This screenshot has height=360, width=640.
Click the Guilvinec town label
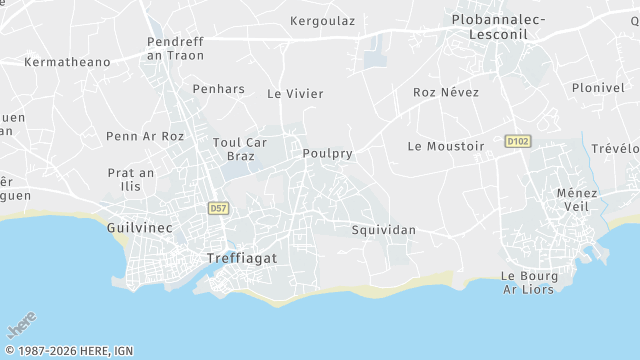(x=139, y=228)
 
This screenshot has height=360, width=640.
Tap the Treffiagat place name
(x=241, y=257)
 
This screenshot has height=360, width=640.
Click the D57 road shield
(x=218, y=208)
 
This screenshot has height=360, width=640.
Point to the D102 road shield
(x=516, y=142)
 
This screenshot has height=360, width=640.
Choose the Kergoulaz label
(x=323, y=21)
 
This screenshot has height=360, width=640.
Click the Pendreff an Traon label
(x=176, y=48)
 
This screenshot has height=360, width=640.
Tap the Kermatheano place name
(x=67, y=62)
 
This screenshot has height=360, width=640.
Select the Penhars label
(x=218, y=89)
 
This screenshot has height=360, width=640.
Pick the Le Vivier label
(x=295, y=94)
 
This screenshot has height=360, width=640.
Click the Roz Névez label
(x=446, y=93)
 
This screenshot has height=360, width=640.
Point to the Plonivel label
(x=598, y=88)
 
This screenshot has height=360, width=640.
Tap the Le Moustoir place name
(x=446, y=146)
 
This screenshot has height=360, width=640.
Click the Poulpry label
(x=327, y=154)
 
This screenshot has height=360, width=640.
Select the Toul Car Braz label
(x=240, y=149)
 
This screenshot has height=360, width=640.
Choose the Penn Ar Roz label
(x=145, y=136)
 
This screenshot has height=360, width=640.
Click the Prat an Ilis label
(x=131, y=179)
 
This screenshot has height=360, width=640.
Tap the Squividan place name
(x=384, y=230)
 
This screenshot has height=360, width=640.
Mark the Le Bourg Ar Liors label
(x=529, y=283)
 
